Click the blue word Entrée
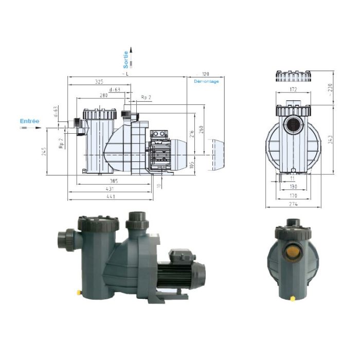pos(29,121)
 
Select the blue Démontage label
pos(206,81)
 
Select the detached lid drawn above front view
pos(292,76)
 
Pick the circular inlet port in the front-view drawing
pos(293,124)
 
